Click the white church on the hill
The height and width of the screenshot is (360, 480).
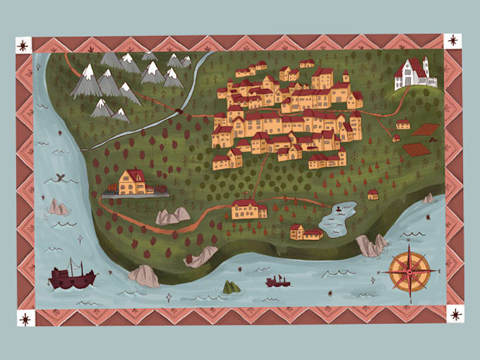tap(415, 73)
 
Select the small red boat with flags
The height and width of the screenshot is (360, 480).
tap(277, 282)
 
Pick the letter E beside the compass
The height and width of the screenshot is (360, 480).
tap(439, 270)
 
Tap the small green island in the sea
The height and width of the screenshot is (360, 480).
tap(231, 287)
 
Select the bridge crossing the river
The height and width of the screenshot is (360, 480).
tap(183, 110)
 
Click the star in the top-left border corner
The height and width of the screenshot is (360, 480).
tap(23, 46)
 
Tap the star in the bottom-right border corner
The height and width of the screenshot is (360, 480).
tap(455, 314)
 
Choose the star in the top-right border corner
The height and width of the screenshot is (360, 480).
tap(452, 41)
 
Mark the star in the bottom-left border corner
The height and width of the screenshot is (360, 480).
tap(25, 319)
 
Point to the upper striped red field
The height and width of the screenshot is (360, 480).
tap(426, 130)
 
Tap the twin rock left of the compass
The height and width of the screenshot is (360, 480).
tap(372, 246)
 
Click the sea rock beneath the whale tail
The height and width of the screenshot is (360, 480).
tap(58, 207)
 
